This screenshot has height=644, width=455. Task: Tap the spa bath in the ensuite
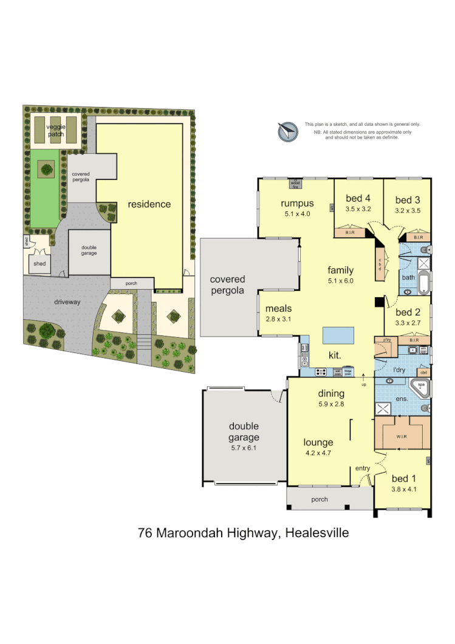coord(420,387)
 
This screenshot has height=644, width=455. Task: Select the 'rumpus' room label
coord(297,203)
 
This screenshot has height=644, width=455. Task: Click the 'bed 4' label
coord(358,199)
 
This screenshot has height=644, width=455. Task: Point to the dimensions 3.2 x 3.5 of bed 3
coord(408,211)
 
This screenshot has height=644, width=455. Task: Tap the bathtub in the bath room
coord(424,281)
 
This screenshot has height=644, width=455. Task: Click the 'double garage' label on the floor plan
coord(244,432)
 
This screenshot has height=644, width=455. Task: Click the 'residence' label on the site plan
coord(149,204)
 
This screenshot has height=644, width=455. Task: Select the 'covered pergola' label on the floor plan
coord(227,285)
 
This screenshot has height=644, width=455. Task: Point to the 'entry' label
coord(363,468)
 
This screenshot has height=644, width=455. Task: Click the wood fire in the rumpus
coord(296,182)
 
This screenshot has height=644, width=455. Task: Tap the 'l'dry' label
coord(399,369)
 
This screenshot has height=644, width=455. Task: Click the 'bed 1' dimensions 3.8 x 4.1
coord(403,488)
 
